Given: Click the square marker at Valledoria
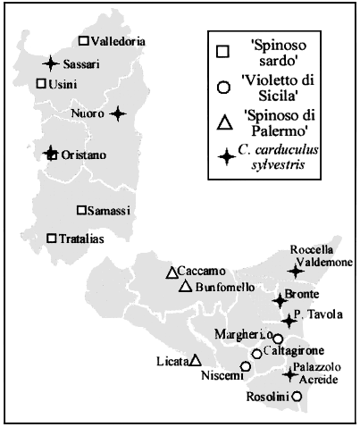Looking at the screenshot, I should (83, 41).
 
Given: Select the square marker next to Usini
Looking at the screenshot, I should (41, 83).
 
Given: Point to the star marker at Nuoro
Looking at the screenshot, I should (118, 113).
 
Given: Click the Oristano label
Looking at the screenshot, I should (82, 155).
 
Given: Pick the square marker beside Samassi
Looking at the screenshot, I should (81, 210).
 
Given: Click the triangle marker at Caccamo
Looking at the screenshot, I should (171, 272).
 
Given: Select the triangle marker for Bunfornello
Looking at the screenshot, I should (184, 287).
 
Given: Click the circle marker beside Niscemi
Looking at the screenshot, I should (245, 366).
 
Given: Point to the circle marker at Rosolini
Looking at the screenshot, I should (297, 396).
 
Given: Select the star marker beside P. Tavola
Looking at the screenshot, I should (288, 320).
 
